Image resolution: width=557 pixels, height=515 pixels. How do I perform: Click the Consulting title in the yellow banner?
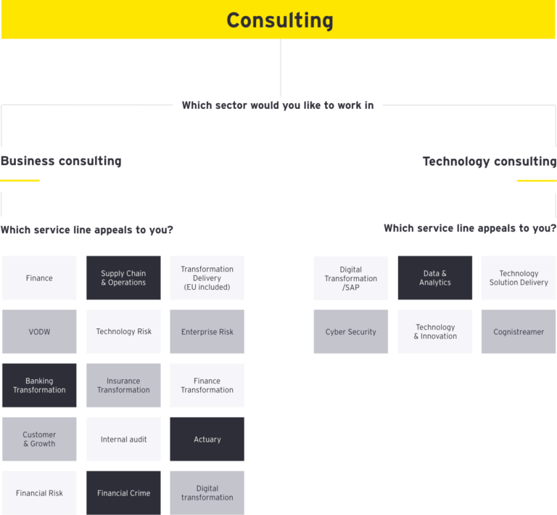[279, 20]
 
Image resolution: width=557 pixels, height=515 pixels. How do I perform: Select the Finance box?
[39, 278]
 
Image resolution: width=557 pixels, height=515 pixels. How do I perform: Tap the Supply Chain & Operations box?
[123, 278]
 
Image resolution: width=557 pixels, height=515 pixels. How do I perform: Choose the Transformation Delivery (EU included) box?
[207, 278]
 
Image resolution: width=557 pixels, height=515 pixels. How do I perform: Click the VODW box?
[39, 332]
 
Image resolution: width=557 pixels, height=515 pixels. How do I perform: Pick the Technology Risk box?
[123, 332]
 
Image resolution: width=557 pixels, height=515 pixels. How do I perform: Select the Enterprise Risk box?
[207, 332]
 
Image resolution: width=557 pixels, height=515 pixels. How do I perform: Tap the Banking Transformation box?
[39, 386]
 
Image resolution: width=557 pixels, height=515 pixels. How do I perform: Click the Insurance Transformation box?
[123, 386]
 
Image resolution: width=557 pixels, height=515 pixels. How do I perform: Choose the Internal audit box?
[123, 439]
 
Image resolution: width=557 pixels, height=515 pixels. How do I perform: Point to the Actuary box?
[207, 439]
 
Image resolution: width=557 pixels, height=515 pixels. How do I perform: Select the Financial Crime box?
[123, 493]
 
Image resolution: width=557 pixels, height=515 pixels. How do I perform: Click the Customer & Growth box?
[39, 439]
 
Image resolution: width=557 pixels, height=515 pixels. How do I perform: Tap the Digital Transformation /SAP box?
[351, 278]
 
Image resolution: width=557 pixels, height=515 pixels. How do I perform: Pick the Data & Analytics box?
[435, 278]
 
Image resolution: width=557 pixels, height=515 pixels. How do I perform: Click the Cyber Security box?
[351, 332]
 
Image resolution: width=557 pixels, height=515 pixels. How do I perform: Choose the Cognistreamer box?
[519, 332]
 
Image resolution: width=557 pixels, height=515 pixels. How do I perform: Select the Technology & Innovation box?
[435, 332]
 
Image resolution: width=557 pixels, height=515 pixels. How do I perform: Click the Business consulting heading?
[61, 161]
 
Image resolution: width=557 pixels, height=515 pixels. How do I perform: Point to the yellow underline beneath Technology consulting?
[536, 181]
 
